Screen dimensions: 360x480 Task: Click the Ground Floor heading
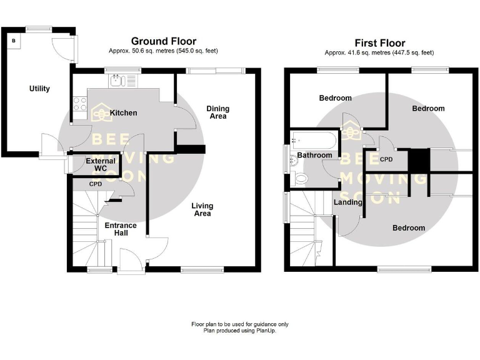163,42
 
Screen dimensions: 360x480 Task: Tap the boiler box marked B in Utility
14,41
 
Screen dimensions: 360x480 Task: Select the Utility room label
39,89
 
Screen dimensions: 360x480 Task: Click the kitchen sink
118,80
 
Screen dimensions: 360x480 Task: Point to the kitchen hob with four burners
79,102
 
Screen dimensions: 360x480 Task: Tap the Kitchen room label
123,113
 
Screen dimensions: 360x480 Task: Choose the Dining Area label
217,112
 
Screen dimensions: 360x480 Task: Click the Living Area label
202,209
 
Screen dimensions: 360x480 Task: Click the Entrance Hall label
116,229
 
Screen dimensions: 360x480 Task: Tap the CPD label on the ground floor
96,184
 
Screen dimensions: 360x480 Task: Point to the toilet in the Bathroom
301,179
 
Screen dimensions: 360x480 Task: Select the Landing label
348,202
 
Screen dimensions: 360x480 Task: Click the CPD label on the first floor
386,159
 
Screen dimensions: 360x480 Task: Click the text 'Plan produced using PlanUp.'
239,331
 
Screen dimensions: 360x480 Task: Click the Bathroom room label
314,155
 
